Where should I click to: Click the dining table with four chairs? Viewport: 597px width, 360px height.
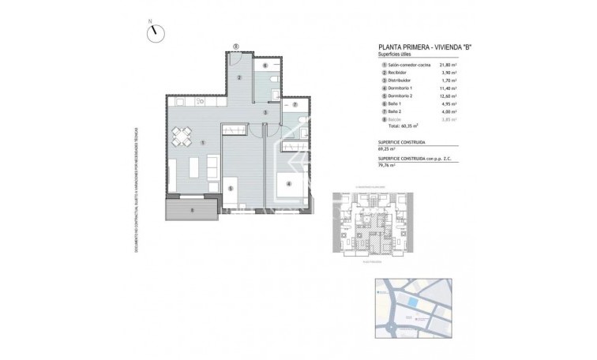click(x=182, y=137)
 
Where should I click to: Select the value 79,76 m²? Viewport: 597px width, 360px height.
click(x=388, y=167)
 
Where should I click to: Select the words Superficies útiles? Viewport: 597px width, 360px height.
click(x=395, y=54)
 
